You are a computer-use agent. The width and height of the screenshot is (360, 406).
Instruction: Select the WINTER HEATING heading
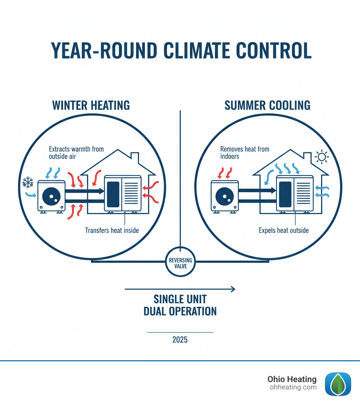(x=91, y=105)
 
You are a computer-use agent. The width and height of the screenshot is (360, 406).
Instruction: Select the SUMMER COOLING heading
(x=267, y=105)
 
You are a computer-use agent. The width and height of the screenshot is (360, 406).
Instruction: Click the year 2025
(x=180, y=340)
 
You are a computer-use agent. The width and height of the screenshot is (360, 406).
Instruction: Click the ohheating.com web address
(x=293, y=387)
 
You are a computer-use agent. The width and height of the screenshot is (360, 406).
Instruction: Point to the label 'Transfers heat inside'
(x=112, y=231)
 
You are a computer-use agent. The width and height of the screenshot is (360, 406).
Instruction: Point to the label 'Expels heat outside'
(x=283, y=230)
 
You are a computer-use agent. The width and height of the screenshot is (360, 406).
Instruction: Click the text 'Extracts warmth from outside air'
(x=76, y=152)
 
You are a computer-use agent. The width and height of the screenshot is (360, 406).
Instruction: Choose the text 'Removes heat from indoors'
(x=245, y=152)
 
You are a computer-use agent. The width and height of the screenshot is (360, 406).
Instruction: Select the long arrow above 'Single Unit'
(x=180, y=289)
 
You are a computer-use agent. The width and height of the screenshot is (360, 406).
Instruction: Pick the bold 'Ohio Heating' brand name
(x=292, y=379)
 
